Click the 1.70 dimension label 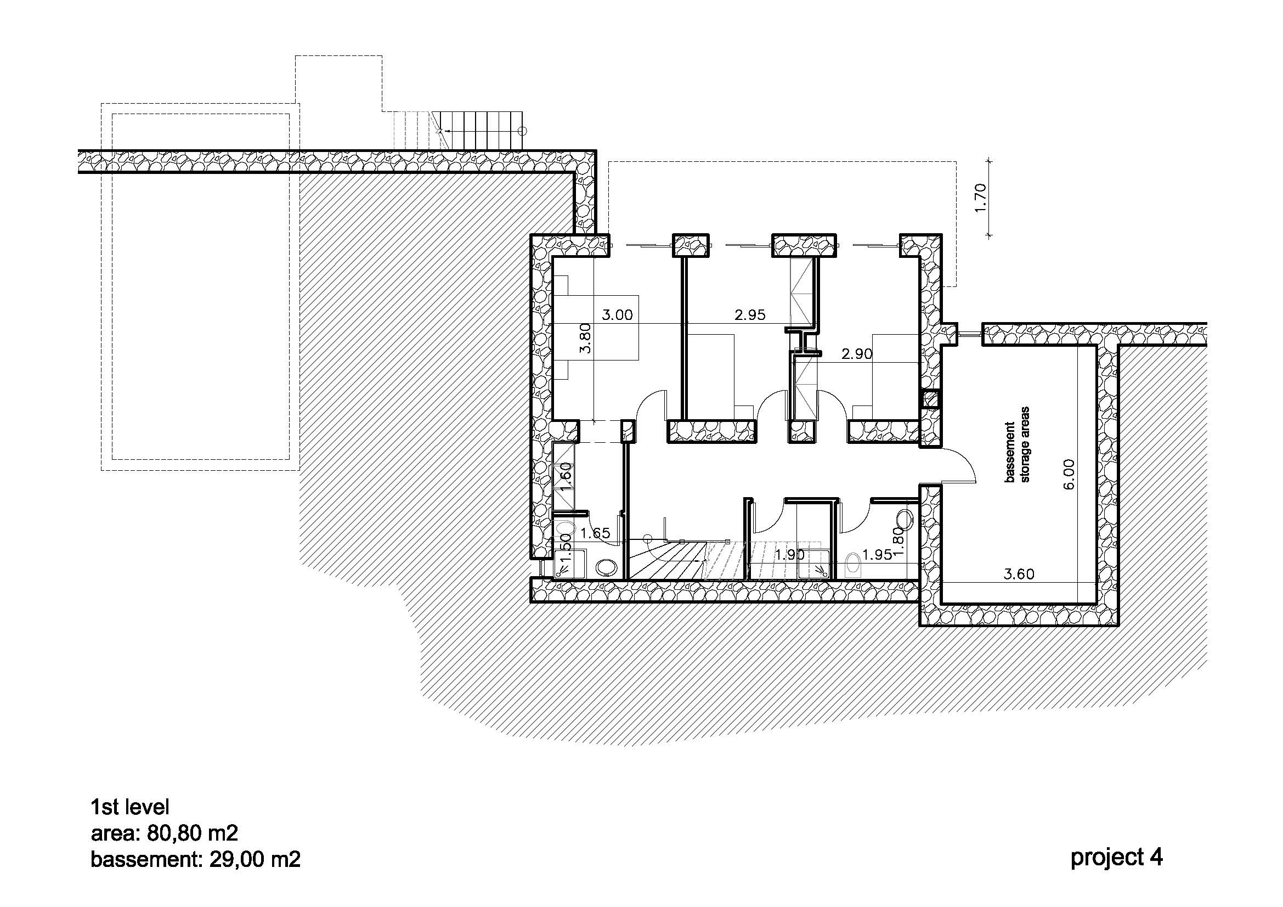981,198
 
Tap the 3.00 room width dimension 617,315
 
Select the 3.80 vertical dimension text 585,339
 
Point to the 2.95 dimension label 750,315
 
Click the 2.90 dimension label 857,354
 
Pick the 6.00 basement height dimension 1069,475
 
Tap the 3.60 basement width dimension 1019,574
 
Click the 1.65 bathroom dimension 595,533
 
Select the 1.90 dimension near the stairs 789,555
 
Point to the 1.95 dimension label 877,555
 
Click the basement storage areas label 1017,444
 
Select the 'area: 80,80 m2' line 165,833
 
